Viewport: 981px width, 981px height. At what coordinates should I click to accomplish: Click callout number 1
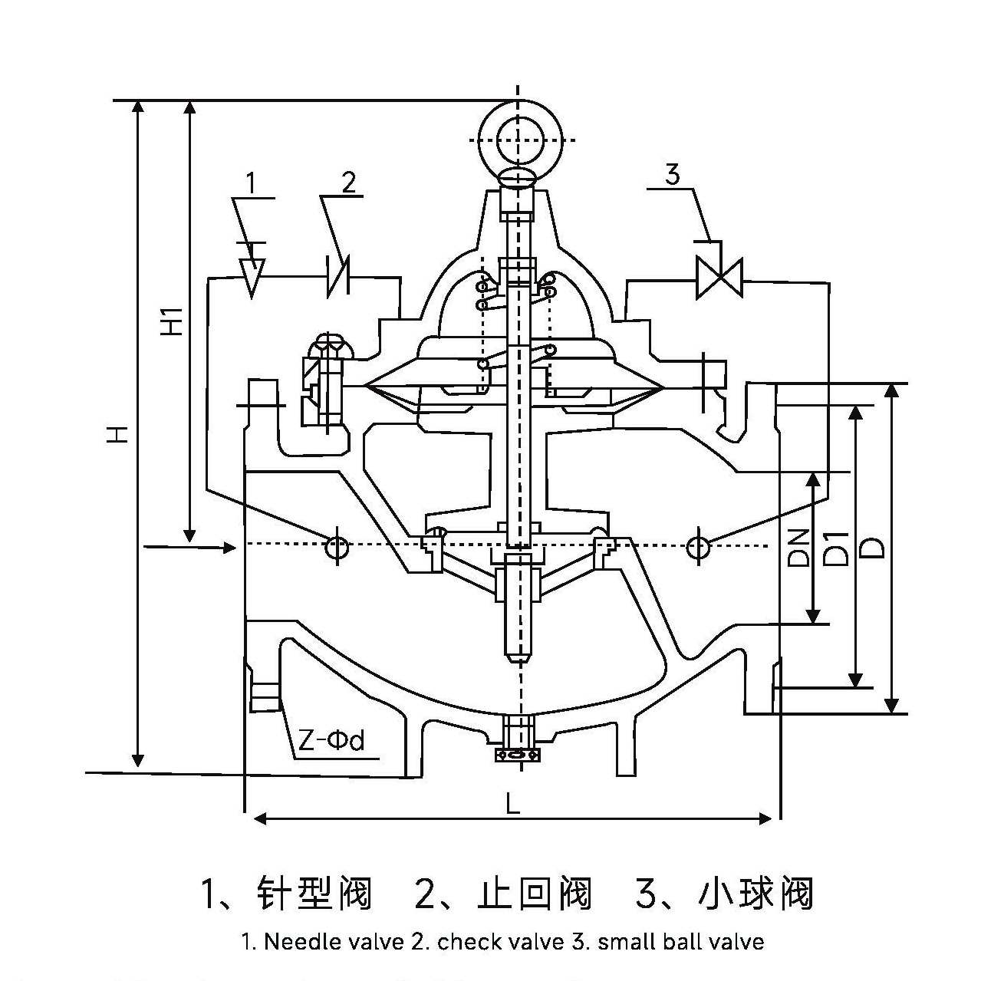pos(251,183)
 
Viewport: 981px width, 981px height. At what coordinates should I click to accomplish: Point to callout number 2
pos(348,183)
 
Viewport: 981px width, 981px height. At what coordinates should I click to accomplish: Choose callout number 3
pos(672,176)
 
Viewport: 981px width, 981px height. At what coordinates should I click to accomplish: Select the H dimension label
pos(117,435)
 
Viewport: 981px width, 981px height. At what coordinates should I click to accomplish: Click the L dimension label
pos(512,803)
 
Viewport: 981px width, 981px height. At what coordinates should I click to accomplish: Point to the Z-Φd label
pos(331,741)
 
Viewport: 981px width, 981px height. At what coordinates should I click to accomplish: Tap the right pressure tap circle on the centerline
pos(697,547)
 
